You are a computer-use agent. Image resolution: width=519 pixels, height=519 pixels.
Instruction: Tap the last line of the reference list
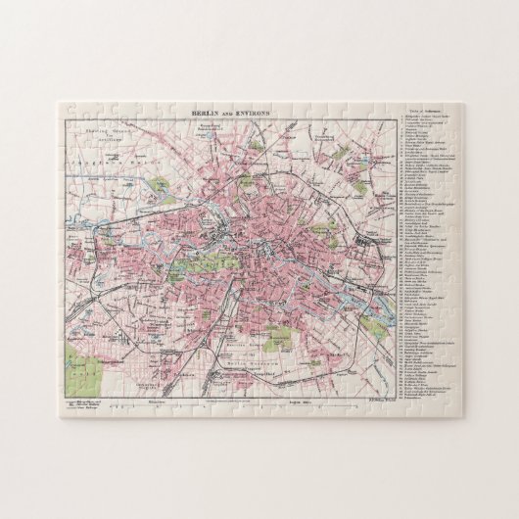[418, 399]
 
